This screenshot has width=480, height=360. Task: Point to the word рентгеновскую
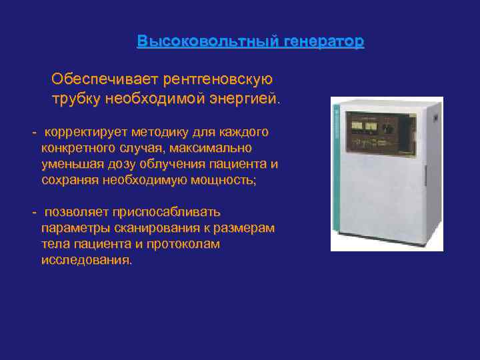[x=217, y=80]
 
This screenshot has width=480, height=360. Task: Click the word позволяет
[x=72, y=213]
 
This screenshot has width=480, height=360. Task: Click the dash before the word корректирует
[x=34, y=132]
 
